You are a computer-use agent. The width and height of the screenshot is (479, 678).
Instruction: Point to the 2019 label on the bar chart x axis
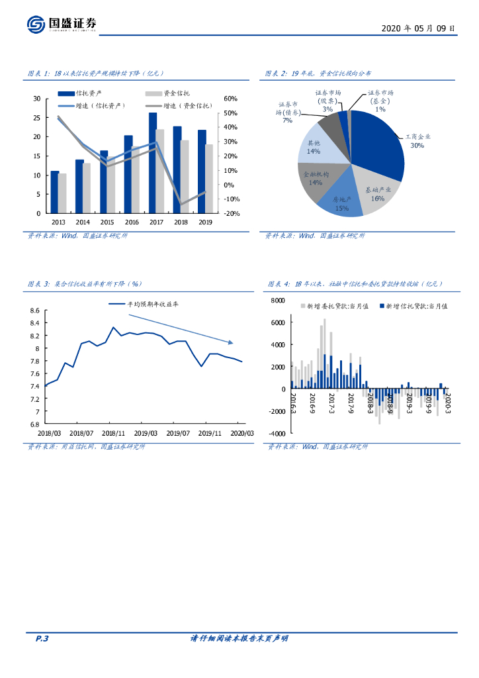click(x=206, y=222)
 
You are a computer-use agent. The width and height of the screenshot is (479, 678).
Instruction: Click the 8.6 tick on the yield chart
click(x=34, y=311)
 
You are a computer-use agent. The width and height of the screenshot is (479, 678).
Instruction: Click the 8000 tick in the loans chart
click(x=277, y=301)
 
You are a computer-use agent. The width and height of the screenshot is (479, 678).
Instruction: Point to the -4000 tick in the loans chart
click(x=276, y=433)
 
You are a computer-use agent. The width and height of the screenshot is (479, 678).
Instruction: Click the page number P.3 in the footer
click(x=42, y=639)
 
